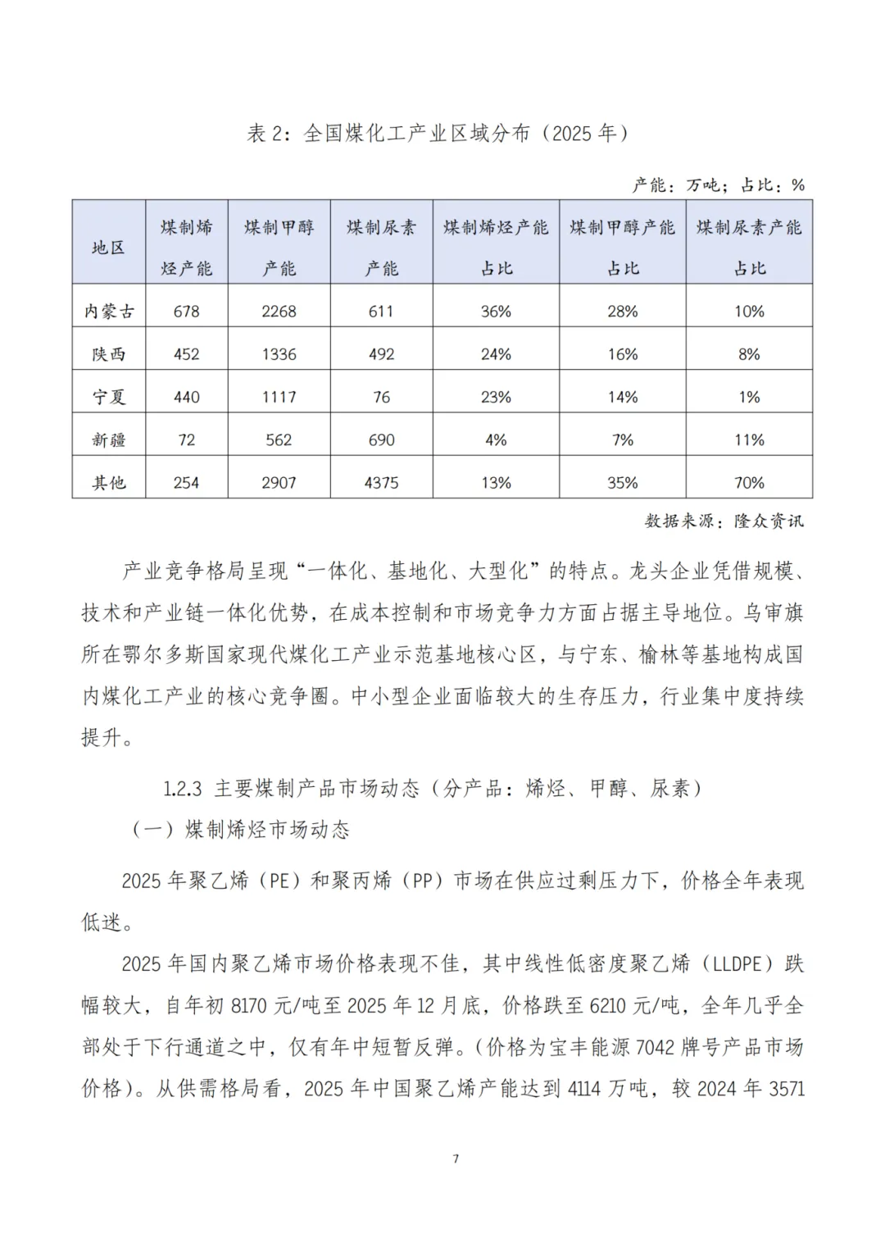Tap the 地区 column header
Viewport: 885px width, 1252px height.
pos(108,248)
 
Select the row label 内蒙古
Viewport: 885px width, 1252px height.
pos(108,312)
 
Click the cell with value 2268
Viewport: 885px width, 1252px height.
pos(279,312)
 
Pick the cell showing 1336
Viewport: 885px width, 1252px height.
pos(279,354)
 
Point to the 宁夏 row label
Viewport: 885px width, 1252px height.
pos(108,397)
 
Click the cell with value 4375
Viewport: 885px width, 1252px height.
pos(381,483)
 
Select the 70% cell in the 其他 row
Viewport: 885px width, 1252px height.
pos(749,483)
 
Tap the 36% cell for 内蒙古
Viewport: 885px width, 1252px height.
pos(496,312)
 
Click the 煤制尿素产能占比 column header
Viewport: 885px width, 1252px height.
pos(749,248)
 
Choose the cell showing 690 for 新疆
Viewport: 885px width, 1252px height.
pos(381,440)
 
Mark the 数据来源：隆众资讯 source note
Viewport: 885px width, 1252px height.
pos(724,521)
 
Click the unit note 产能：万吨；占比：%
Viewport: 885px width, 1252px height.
pos(718,185)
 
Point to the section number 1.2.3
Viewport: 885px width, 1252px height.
pos(182,789)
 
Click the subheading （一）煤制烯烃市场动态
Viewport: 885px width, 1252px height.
pos(241,830)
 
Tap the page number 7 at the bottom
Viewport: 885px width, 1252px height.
pos(456,1159)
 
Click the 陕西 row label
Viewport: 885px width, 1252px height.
pos(108,354)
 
